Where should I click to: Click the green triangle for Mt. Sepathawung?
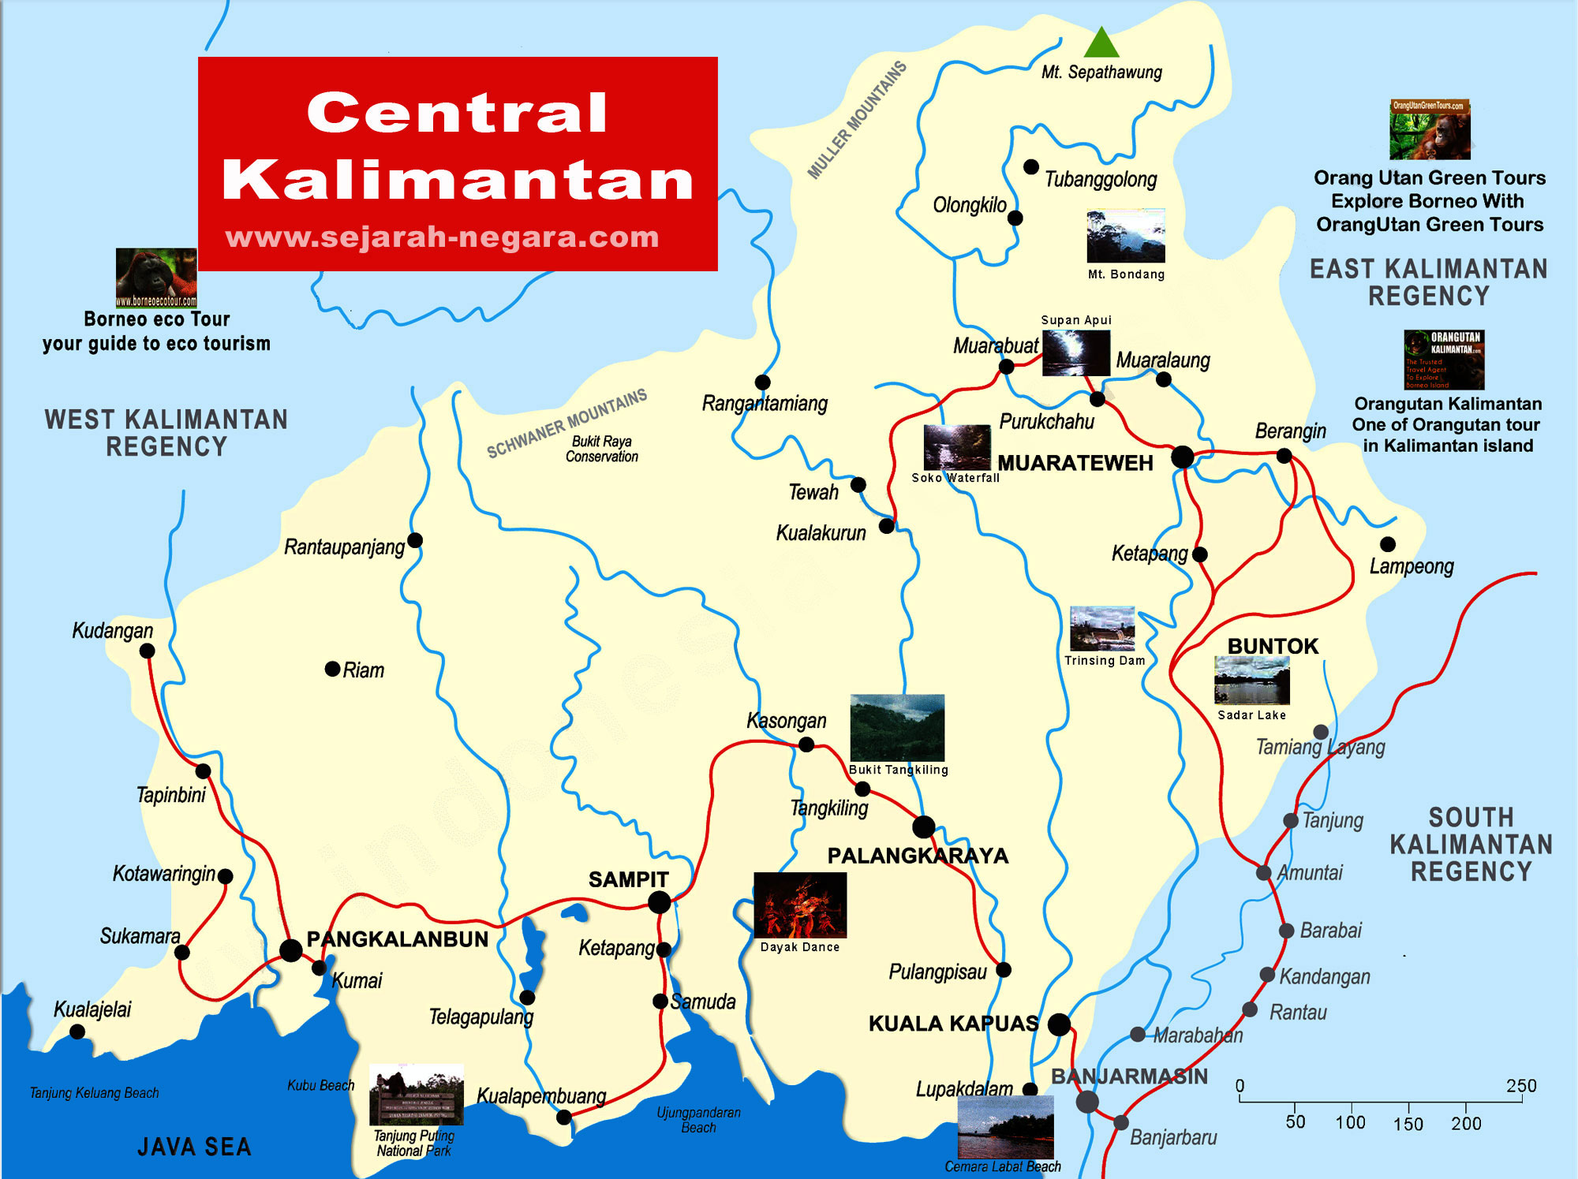(1101, 44)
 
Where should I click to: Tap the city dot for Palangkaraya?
(923, 826)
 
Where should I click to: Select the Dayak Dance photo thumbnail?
(800, 905)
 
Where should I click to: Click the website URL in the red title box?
(442, 237)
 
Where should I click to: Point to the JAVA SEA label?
(194, 1147)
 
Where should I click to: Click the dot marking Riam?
(332, 669)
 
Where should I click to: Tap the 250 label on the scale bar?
(1520, 1085)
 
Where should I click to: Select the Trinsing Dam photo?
(1102, 629)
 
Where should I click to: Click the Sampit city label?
(628, 879)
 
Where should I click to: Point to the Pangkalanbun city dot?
(290, 950)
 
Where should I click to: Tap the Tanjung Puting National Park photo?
(416, 1095)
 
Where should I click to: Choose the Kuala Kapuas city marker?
(1059, 1024)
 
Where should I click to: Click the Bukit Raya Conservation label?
(601, 449)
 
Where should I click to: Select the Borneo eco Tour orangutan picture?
(156, 277)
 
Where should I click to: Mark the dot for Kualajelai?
(77, 1032)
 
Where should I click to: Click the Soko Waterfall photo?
(956, 447)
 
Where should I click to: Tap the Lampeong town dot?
(1387, 544)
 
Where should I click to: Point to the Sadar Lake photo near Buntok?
(1251, 680)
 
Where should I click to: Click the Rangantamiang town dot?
(762, 382)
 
